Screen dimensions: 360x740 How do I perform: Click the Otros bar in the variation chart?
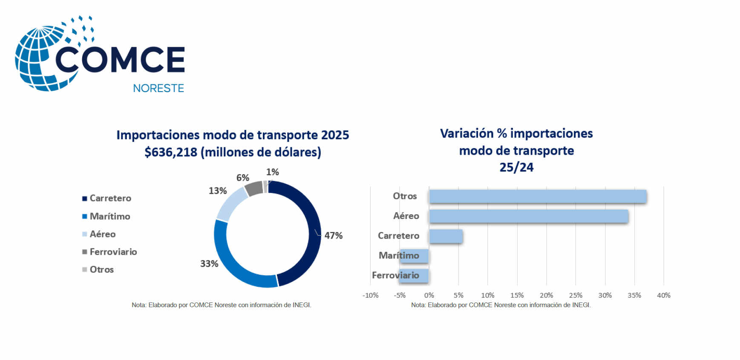538,196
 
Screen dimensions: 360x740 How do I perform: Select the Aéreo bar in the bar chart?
528,216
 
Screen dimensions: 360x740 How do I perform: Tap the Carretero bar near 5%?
446,236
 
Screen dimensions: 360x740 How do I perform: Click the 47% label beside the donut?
333,236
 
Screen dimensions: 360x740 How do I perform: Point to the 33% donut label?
209,264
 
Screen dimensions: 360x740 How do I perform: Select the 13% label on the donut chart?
217,191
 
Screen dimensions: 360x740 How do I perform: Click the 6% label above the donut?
243,178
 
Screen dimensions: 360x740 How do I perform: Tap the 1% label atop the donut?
272,172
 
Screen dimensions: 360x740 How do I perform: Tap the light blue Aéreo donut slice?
231,204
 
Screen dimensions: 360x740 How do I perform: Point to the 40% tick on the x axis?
663,295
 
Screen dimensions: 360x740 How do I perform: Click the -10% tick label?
370,295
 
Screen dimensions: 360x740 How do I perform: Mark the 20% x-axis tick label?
546,295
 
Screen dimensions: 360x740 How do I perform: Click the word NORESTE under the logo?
158,88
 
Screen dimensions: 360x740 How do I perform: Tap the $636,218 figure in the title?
170,152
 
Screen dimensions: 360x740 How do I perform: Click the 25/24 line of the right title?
516,167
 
